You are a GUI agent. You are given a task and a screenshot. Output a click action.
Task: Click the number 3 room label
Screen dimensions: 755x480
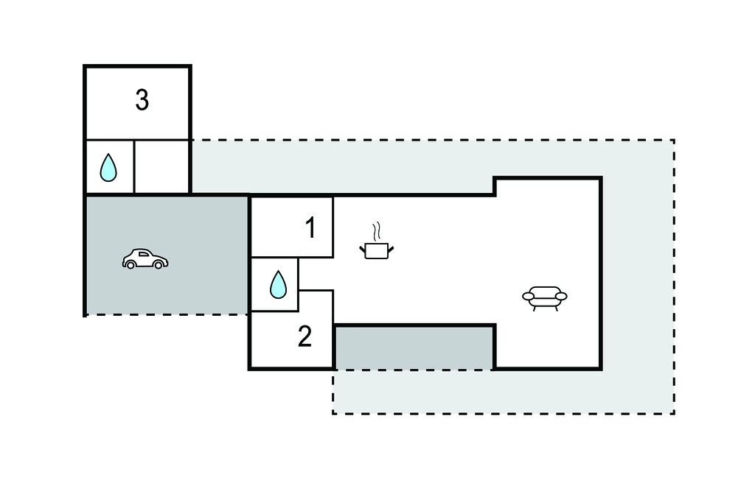click(142, 100)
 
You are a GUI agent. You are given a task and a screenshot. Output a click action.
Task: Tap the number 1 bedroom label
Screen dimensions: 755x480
click(310, 227)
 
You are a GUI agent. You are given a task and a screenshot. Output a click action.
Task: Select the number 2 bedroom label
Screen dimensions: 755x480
click(305, 336)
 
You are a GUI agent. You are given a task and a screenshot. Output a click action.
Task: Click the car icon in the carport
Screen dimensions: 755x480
click(145, 258)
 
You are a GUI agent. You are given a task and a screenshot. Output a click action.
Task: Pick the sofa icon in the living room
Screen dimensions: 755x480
click(545, 298)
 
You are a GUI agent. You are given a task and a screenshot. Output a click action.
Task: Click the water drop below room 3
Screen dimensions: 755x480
click(108, 167)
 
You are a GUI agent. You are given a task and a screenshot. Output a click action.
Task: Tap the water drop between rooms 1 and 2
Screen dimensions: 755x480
click(278, 284)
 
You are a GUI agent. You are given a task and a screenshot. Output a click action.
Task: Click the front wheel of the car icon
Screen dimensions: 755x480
click(158, 264)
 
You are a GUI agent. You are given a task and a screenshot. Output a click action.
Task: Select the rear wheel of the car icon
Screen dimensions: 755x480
click(130, 264)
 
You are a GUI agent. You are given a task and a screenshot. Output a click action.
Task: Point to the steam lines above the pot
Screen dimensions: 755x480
click(377, 231)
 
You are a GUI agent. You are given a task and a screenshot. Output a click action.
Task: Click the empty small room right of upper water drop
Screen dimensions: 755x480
click(161, 167)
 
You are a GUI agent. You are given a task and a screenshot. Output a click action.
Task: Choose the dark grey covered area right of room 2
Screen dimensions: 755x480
click(414, 348)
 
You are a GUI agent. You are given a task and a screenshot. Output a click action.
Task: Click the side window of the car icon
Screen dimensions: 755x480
click(144, 254)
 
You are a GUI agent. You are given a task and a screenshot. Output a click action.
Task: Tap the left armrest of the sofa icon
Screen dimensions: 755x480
click(528, 296)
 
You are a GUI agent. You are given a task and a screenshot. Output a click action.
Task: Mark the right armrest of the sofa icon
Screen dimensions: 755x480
click(561, 296)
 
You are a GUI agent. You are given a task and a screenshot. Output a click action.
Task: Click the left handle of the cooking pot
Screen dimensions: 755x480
click(362, 249)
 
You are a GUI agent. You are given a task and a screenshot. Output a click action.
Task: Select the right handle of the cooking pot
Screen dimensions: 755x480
click(391, 249)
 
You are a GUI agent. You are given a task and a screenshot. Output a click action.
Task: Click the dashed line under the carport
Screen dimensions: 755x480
click(167, 314)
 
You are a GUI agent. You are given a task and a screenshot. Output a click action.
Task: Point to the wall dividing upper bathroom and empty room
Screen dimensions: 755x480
click(134, 167)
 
